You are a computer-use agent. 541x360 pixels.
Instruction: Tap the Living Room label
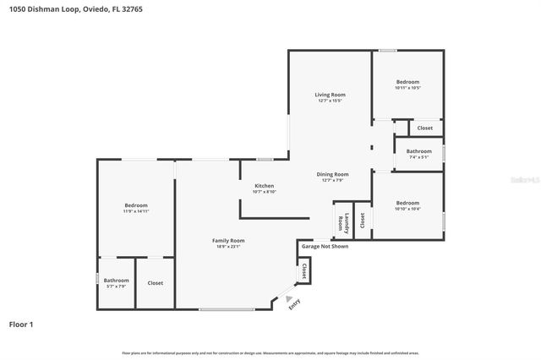(331, 95)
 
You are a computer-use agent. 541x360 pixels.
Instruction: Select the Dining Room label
(331, 173)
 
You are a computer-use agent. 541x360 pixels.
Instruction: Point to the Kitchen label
(265, 186)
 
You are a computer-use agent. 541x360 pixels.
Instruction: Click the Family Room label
(228, 241)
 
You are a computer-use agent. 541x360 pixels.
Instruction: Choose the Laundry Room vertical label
(343, 221)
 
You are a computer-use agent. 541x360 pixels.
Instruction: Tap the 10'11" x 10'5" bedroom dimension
(408, 88)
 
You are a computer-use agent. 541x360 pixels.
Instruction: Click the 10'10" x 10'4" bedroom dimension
(407, 209)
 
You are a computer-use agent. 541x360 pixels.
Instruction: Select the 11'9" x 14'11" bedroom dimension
(136, 211)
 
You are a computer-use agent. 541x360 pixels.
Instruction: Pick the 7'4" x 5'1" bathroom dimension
(419, 157)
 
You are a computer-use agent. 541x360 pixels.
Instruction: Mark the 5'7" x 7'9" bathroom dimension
(117, 286)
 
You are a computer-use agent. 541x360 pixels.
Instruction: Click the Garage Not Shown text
(325, 247)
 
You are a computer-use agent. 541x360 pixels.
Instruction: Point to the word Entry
(295, 306)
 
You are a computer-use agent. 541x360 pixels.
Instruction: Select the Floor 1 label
(21, 324)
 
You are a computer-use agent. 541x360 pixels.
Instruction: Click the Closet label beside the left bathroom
(156, 283)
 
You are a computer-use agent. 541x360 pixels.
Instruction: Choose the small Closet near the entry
(304, 270)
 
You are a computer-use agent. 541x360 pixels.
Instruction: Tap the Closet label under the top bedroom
(424, 128)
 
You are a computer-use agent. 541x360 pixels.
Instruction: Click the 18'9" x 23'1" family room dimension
(228, 247)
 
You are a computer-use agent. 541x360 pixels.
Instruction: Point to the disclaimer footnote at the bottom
(270, 352)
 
